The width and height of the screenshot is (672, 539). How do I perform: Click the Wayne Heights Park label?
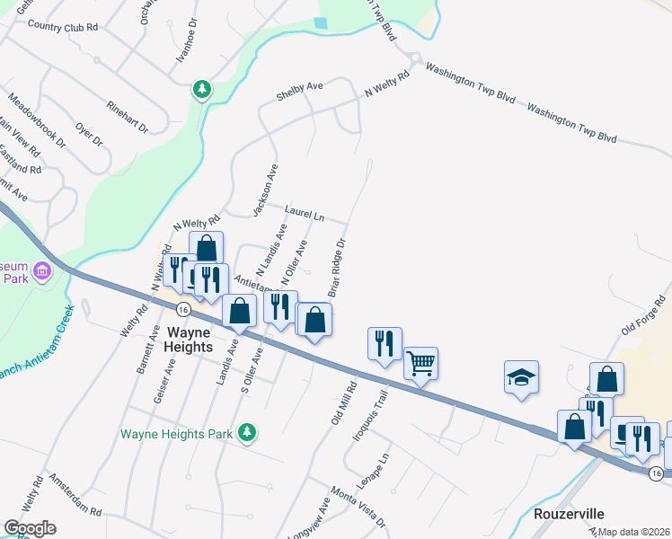pyautogui.click(x=178, y=434)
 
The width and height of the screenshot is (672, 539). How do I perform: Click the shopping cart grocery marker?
pyautogui.click(x=420, y=363)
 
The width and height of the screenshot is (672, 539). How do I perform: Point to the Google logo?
pyautogui.click(x=30, y=528)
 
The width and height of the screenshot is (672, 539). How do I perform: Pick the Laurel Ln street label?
pyautogui.click(x=304, y=215)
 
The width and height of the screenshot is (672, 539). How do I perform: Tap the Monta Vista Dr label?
pyautogui.click(x=357, y=507)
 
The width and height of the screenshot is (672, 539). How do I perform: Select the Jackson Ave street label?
pyautogui.click(x=265, y=190)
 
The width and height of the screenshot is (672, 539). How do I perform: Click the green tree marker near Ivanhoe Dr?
pyautogui.click(x=203, y=89)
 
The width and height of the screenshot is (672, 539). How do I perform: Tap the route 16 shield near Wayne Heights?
pyautogui.click(x=183, y=308)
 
